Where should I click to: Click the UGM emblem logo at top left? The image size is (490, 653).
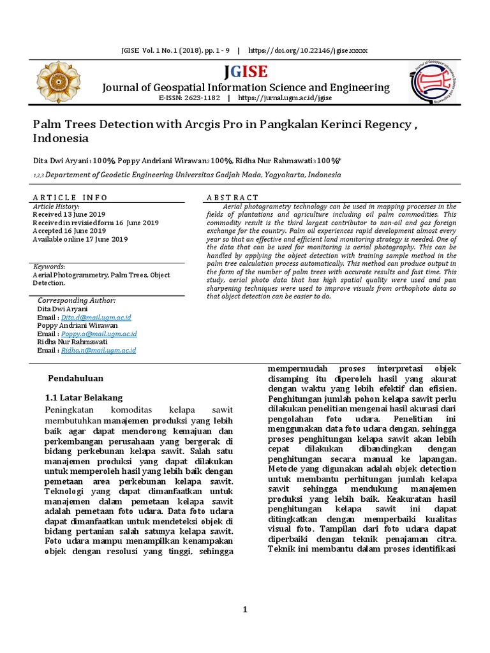click(x=59, y=83)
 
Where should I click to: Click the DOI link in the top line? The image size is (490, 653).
click(x=308, y=50)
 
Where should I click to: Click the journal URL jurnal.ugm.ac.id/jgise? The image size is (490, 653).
click(x=285, y=98)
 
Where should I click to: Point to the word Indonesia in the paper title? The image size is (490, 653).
click(x=61, y=138)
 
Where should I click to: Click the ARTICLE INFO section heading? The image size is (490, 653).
click(x=70, y=198)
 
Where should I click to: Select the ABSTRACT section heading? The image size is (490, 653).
click(x=233, y=198)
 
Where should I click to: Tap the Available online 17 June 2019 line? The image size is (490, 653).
click(x=80, y=239)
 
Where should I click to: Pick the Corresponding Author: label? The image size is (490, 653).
click(x=77, y=300)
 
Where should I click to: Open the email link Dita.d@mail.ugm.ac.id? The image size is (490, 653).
click(x=96, y=317)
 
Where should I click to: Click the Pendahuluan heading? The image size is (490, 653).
click(x=76, y=378)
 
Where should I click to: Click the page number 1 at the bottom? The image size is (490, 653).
click(x=244, y=610)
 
